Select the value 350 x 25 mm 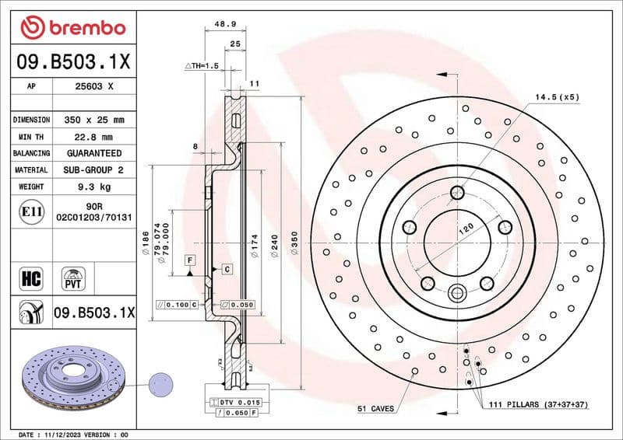93,120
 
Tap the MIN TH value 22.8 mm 93,137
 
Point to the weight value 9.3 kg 93,187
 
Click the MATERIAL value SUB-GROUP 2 93,169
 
